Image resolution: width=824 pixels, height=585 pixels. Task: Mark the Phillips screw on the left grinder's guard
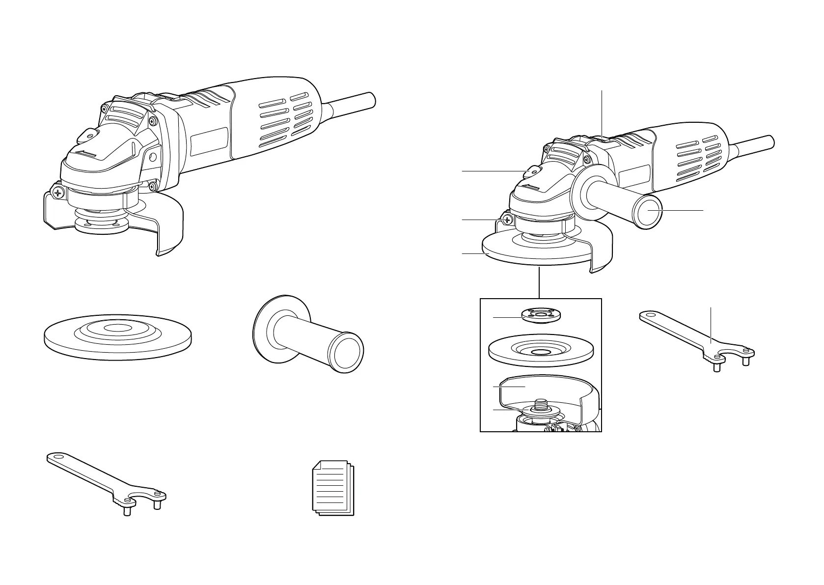[59, 193]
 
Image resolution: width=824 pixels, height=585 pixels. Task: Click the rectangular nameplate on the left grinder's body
[209, 142]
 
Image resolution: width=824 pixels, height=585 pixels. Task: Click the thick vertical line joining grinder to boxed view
[540, 282]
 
